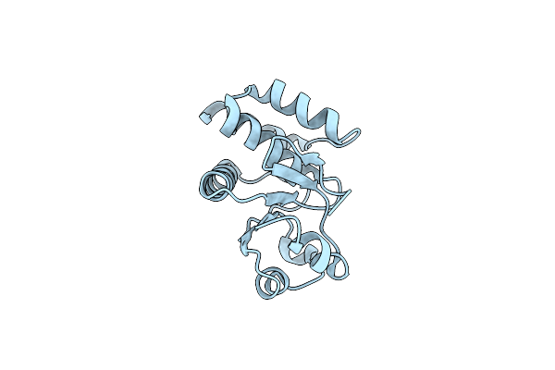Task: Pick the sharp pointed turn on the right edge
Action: (350, 195)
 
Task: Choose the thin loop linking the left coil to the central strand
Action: (242, 198)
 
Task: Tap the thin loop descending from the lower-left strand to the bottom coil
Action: (252, 264)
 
